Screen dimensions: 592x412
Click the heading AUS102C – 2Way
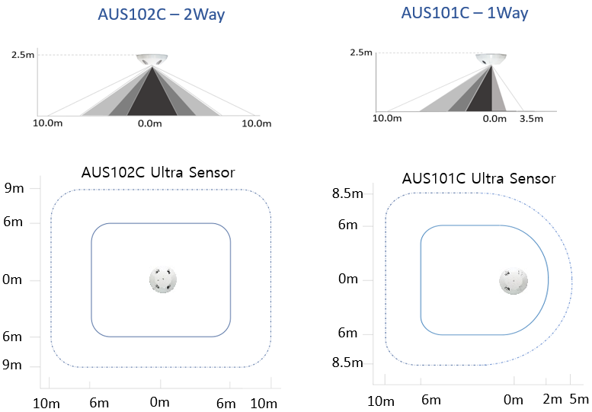tap(162, 14)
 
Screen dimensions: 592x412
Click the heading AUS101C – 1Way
tap(465, 13)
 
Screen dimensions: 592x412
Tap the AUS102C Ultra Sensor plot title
tap(158, 172)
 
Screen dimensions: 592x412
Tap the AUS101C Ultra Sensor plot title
tap(478, 178)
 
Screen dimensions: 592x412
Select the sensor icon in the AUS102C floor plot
tap(163, 280)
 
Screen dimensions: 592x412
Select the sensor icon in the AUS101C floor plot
tap(514, 281)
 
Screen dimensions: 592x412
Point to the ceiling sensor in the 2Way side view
tap(152, 60)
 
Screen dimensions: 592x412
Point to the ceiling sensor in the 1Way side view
tap(491, 59)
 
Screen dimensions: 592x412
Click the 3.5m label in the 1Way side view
tap(531, 119)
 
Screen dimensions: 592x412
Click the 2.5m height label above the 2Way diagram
tap(23, 55)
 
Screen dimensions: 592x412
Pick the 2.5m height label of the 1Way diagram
tap(361, 53)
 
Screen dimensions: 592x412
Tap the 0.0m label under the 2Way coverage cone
tap(150, 123)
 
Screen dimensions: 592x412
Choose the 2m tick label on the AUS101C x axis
tap(552, 399)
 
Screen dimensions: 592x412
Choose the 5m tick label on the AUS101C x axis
tap(579, 399)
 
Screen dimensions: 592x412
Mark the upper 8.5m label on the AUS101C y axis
tap(347, 193)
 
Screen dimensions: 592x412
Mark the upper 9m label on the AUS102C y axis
tap(14, 188)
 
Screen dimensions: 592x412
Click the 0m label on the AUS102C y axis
tap(12, 279)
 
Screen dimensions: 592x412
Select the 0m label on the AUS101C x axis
tap(514, 400)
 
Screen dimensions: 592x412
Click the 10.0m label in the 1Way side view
tap(387, 119)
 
